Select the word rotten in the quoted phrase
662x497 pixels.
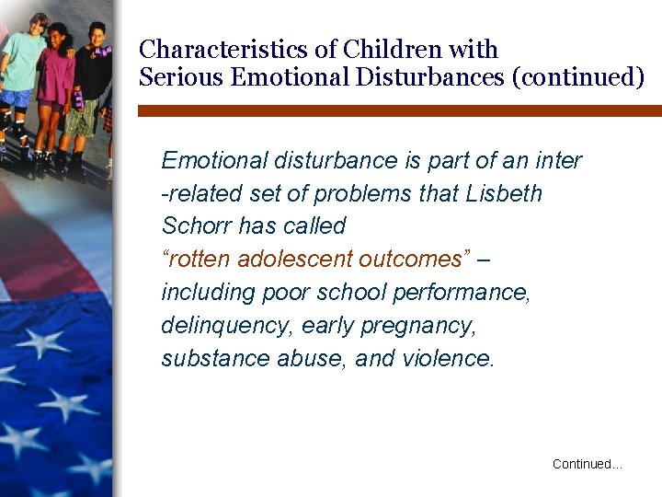[x=200, y=259]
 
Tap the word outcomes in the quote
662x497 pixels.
[x=415, y=259]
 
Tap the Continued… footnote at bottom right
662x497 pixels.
[x=587, y=464]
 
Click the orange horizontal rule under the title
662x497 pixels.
[x=399, y=110]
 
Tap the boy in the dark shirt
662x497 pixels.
[x=92, y=78]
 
